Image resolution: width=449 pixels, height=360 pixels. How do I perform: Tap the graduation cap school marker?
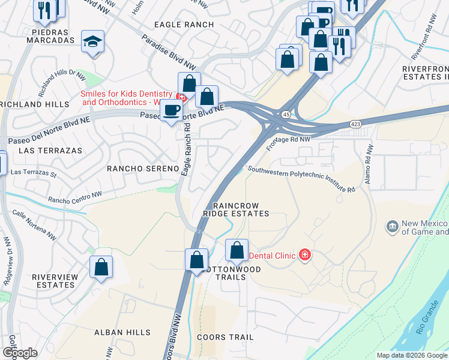(92, 41)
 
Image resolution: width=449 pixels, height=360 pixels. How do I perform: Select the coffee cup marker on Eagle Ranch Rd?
(171, 110)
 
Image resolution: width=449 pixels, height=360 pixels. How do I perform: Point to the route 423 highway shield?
(355, 124)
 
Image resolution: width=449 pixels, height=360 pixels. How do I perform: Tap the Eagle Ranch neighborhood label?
(184, 24)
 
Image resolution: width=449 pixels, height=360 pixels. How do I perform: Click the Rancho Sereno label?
(143, 169)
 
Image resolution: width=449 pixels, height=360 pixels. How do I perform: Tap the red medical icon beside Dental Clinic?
(305, 256)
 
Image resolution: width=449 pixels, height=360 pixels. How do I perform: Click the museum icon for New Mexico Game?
(392, 227)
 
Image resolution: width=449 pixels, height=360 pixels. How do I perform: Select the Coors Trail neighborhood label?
(228, 337)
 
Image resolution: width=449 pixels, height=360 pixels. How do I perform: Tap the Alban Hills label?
(117, 332)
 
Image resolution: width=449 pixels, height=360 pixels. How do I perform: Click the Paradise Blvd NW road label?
(170, 51)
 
